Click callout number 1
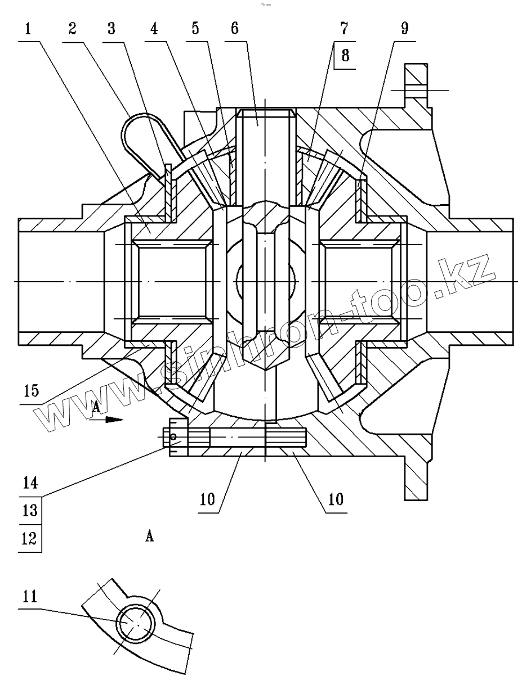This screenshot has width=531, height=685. pyautogui.click(x=27, y=29)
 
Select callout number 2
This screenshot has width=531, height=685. pyautogui.click(x=72, y=29)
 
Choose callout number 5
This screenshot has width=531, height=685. pyautogui.click(x=195, y=29)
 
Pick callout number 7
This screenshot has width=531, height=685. pyautogui.click(x=344, y=29)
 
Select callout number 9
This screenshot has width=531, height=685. pyautogui.click(x=404, y=29)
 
